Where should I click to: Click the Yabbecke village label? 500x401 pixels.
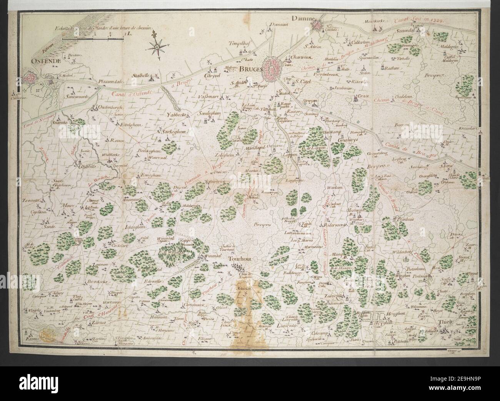[x=177, y=114]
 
